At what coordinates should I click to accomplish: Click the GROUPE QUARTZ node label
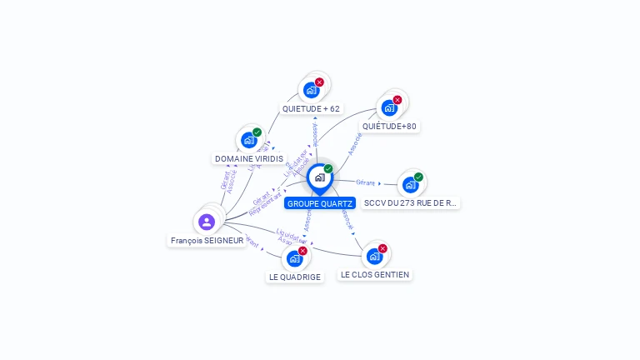(x=320, y=203)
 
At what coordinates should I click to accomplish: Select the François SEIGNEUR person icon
(x=207, y=222)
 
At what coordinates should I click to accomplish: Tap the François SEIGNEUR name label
(x=207, y=241)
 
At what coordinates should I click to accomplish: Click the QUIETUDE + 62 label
(x=311, y=109)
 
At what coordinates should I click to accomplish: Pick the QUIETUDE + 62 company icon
(x=311, y=90)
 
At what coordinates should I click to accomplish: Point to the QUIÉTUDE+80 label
(x=389, y=127)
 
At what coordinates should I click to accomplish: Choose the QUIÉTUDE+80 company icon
(x=389, y=107)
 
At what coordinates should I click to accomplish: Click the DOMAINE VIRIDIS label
(x=249, y=159)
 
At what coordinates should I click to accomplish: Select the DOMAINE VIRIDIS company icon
(x=248, y=140)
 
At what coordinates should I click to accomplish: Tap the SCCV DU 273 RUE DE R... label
(x=411, y=203)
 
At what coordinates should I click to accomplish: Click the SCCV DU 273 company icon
(x=410, y=184)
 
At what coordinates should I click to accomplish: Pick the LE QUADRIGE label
(x=295, y=277)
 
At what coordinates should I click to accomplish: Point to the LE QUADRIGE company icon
(x=294, y=258)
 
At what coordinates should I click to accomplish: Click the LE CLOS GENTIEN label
(x=375, y=275)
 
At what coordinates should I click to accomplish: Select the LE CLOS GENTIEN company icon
(x=374, y=256)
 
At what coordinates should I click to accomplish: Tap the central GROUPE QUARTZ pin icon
(x=319, y=177)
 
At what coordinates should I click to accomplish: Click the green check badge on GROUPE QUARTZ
(x=328, y=169)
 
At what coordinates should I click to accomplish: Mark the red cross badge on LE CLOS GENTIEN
(x=382, y=248)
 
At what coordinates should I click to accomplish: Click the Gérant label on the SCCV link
(x=365, y=182)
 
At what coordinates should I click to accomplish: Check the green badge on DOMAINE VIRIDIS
(x=257, y=132)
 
